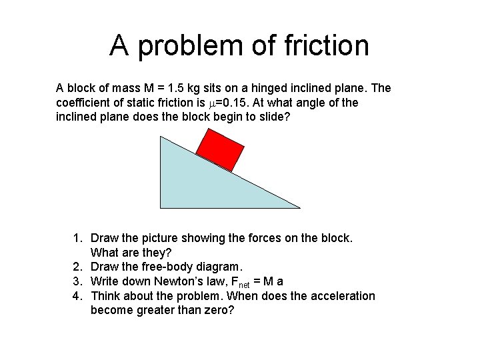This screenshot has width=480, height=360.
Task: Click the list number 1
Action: (x=77, y=238)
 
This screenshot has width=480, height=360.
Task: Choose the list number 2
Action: (x=77, y=267)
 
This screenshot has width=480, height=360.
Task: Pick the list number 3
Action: (x=77, y=281)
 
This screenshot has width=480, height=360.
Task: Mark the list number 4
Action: (x=77, y=296)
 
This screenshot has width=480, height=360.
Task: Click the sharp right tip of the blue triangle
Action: (x=299, y=207)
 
